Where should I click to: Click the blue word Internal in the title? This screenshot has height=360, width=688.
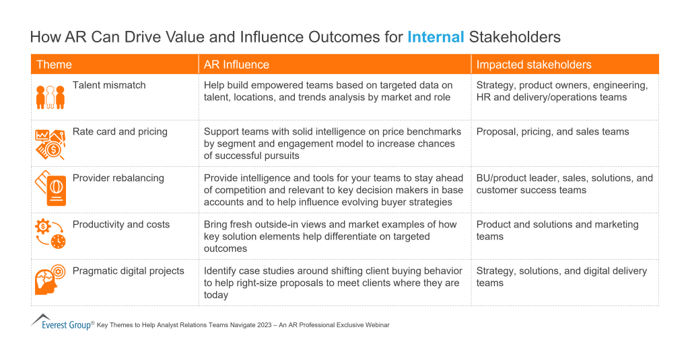436,36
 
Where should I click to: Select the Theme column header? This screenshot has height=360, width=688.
54,65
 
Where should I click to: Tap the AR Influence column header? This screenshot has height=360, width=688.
236,65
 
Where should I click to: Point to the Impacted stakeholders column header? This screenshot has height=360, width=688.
534,65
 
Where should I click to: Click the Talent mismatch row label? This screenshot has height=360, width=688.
109,85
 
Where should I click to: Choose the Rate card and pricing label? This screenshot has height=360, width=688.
120,132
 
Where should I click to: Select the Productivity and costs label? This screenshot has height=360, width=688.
121,225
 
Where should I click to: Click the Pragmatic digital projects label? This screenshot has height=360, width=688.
128,271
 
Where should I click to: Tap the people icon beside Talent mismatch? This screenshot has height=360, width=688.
50,96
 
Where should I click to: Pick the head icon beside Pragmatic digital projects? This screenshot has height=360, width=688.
50,281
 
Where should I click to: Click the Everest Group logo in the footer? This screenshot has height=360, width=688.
62,322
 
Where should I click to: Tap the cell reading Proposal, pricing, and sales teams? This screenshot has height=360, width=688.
552,132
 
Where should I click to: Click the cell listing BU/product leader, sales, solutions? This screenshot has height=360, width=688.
564,184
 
